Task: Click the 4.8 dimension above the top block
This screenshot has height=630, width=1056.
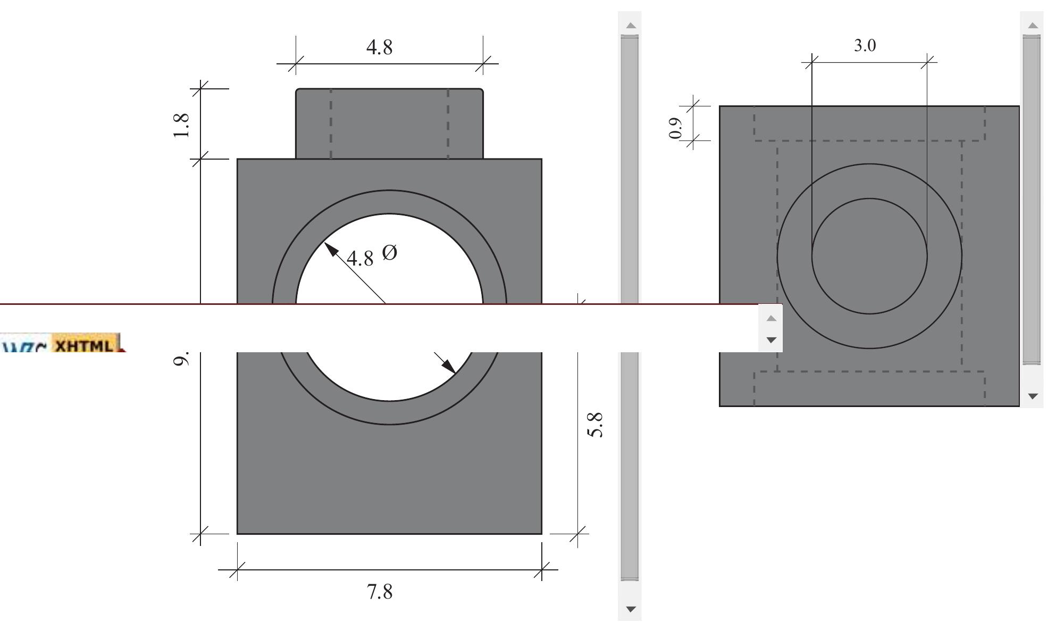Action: point(379,47)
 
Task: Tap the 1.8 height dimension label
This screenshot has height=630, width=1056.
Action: point(181,126)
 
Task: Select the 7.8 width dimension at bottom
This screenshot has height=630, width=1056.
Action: point(380,592)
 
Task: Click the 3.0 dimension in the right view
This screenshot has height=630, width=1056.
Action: point(865,46)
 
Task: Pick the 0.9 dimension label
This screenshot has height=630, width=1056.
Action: point(675,128)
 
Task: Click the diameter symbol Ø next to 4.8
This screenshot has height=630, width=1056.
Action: point(389,252)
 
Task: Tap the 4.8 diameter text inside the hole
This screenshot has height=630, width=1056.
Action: point(360,259)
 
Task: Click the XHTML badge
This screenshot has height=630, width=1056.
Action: point(84,346)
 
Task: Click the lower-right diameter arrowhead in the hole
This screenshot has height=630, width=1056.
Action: point(448,366)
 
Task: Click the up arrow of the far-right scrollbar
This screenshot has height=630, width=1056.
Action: point(1033,25)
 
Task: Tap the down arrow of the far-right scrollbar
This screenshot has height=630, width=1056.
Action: point(1033,396)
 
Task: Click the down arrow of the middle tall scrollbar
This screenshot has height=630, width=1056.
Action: point(630,609)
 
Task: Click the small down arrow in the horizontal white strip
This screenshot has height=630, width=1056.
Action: point(772,339)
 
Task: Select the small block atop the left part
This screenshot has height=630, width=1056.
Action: point(389,123)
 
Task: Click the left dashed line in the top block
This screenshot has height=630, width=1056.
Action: point(331,123)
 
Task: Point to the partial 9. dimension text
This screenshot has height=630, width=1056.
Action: point(181,360)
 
